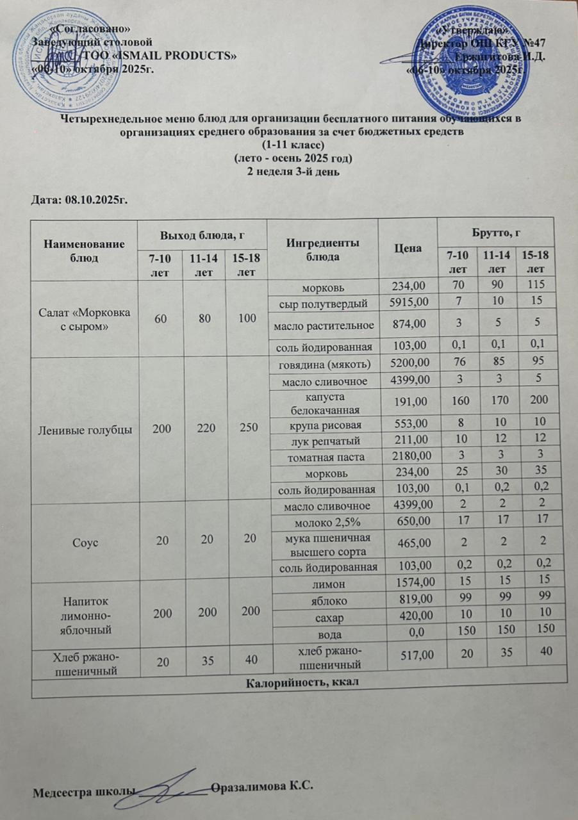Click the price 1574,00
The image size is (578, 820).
(x=408, y=583)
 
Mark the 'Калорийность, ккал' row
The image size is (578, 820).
(x=300, y=683)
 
